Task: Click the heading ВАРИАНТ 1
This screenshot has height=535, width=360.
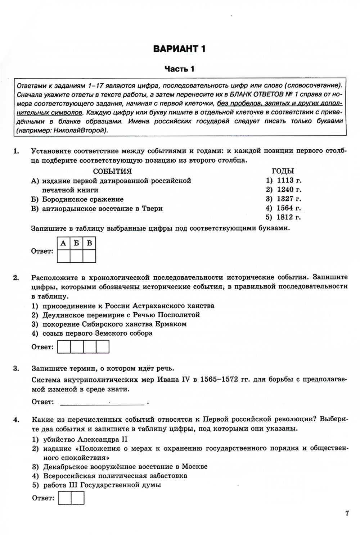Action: pyautogui.click(x=179, y=49)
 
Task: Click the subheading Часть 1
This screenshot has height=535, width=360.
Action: pyautogui.click(x=179, y=69)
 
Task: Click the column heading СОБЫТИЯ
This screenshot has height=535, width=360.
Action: pyautogui.click(x=112, y=171)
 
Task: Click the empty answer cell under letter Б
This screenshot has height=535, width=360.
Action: pyautogui.click(x=76, y=256)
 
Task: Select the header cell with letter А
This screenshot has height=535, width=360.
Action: pyautogui.click(x=63, y=243)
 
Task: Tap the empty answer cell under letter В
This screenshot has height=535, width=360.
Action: pyautogui.click(x=89, y=256)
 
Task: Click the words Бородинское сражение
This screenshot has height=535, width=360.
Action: pyautogui.click(x=83, y=199)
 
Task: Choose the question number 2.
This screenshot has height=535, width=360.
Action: pyautogui.click(x=16, y=277)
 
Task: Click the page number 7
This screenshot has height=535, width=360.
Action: pyautogui.click(x=347, y=513)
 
